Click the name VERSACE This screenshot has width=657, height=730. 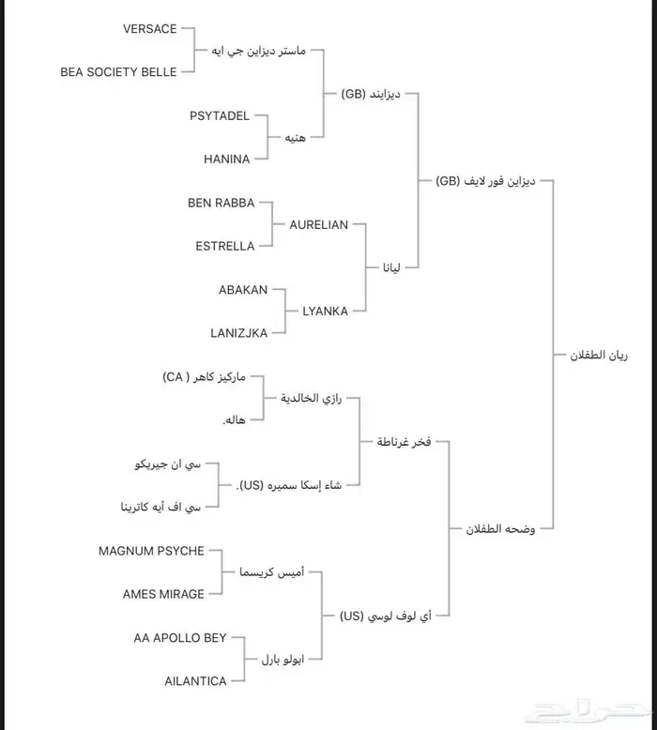[149, 29]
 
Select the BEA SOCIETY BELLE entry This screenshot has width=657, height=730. [118, 72]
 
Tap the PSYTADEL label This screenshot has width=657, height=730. [220, 116]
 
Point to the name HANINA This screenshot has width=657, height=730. [227, 160]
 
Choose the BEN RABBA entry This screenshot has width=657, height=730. [221, 203]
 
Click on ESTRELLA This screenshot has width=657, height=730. [224, 246]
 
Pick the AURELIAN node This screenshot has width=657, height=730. [319, 225]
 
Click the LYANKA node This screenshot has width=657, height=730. [325, 312]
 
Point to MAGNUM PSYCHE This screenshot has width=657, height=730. [151, 551]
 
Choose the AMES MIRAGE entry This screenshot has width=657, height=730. [163, 594]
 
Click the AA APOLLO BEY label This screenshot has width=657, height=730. [180, 638]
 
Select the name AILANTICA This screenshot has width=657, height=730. [195, 681]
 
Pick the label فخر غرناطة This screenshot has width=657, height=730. [404, 442]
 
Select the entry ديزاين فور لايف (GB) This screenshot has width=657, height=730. [485, 181]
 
